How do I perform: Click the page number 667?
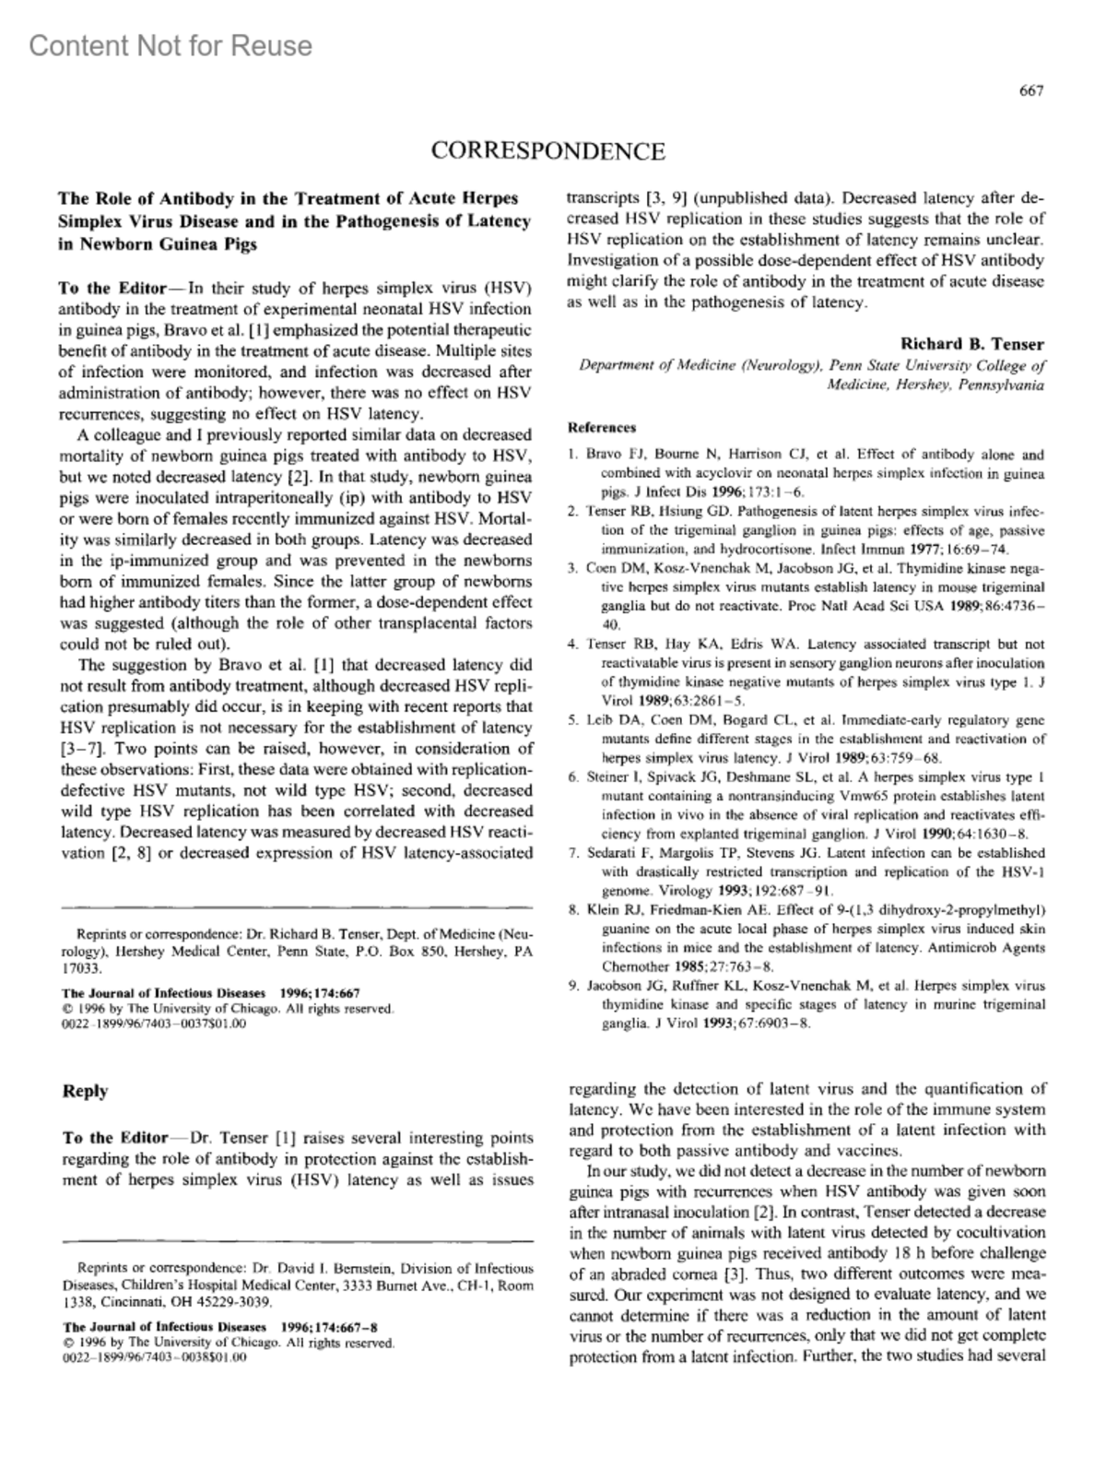pos(1030,90)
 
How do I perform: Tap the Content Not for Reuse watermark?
pos(171,45)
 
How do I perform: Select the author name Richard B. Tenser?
pos(972,344)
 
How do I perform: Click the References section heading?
pos(602,428)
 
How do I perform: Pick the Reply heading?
pos(85,1092)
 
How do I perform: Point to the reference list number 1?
pos(572,455)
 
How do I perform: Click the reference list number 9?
pos(572,986)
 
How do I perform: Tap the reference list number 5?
pos(572,720)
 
